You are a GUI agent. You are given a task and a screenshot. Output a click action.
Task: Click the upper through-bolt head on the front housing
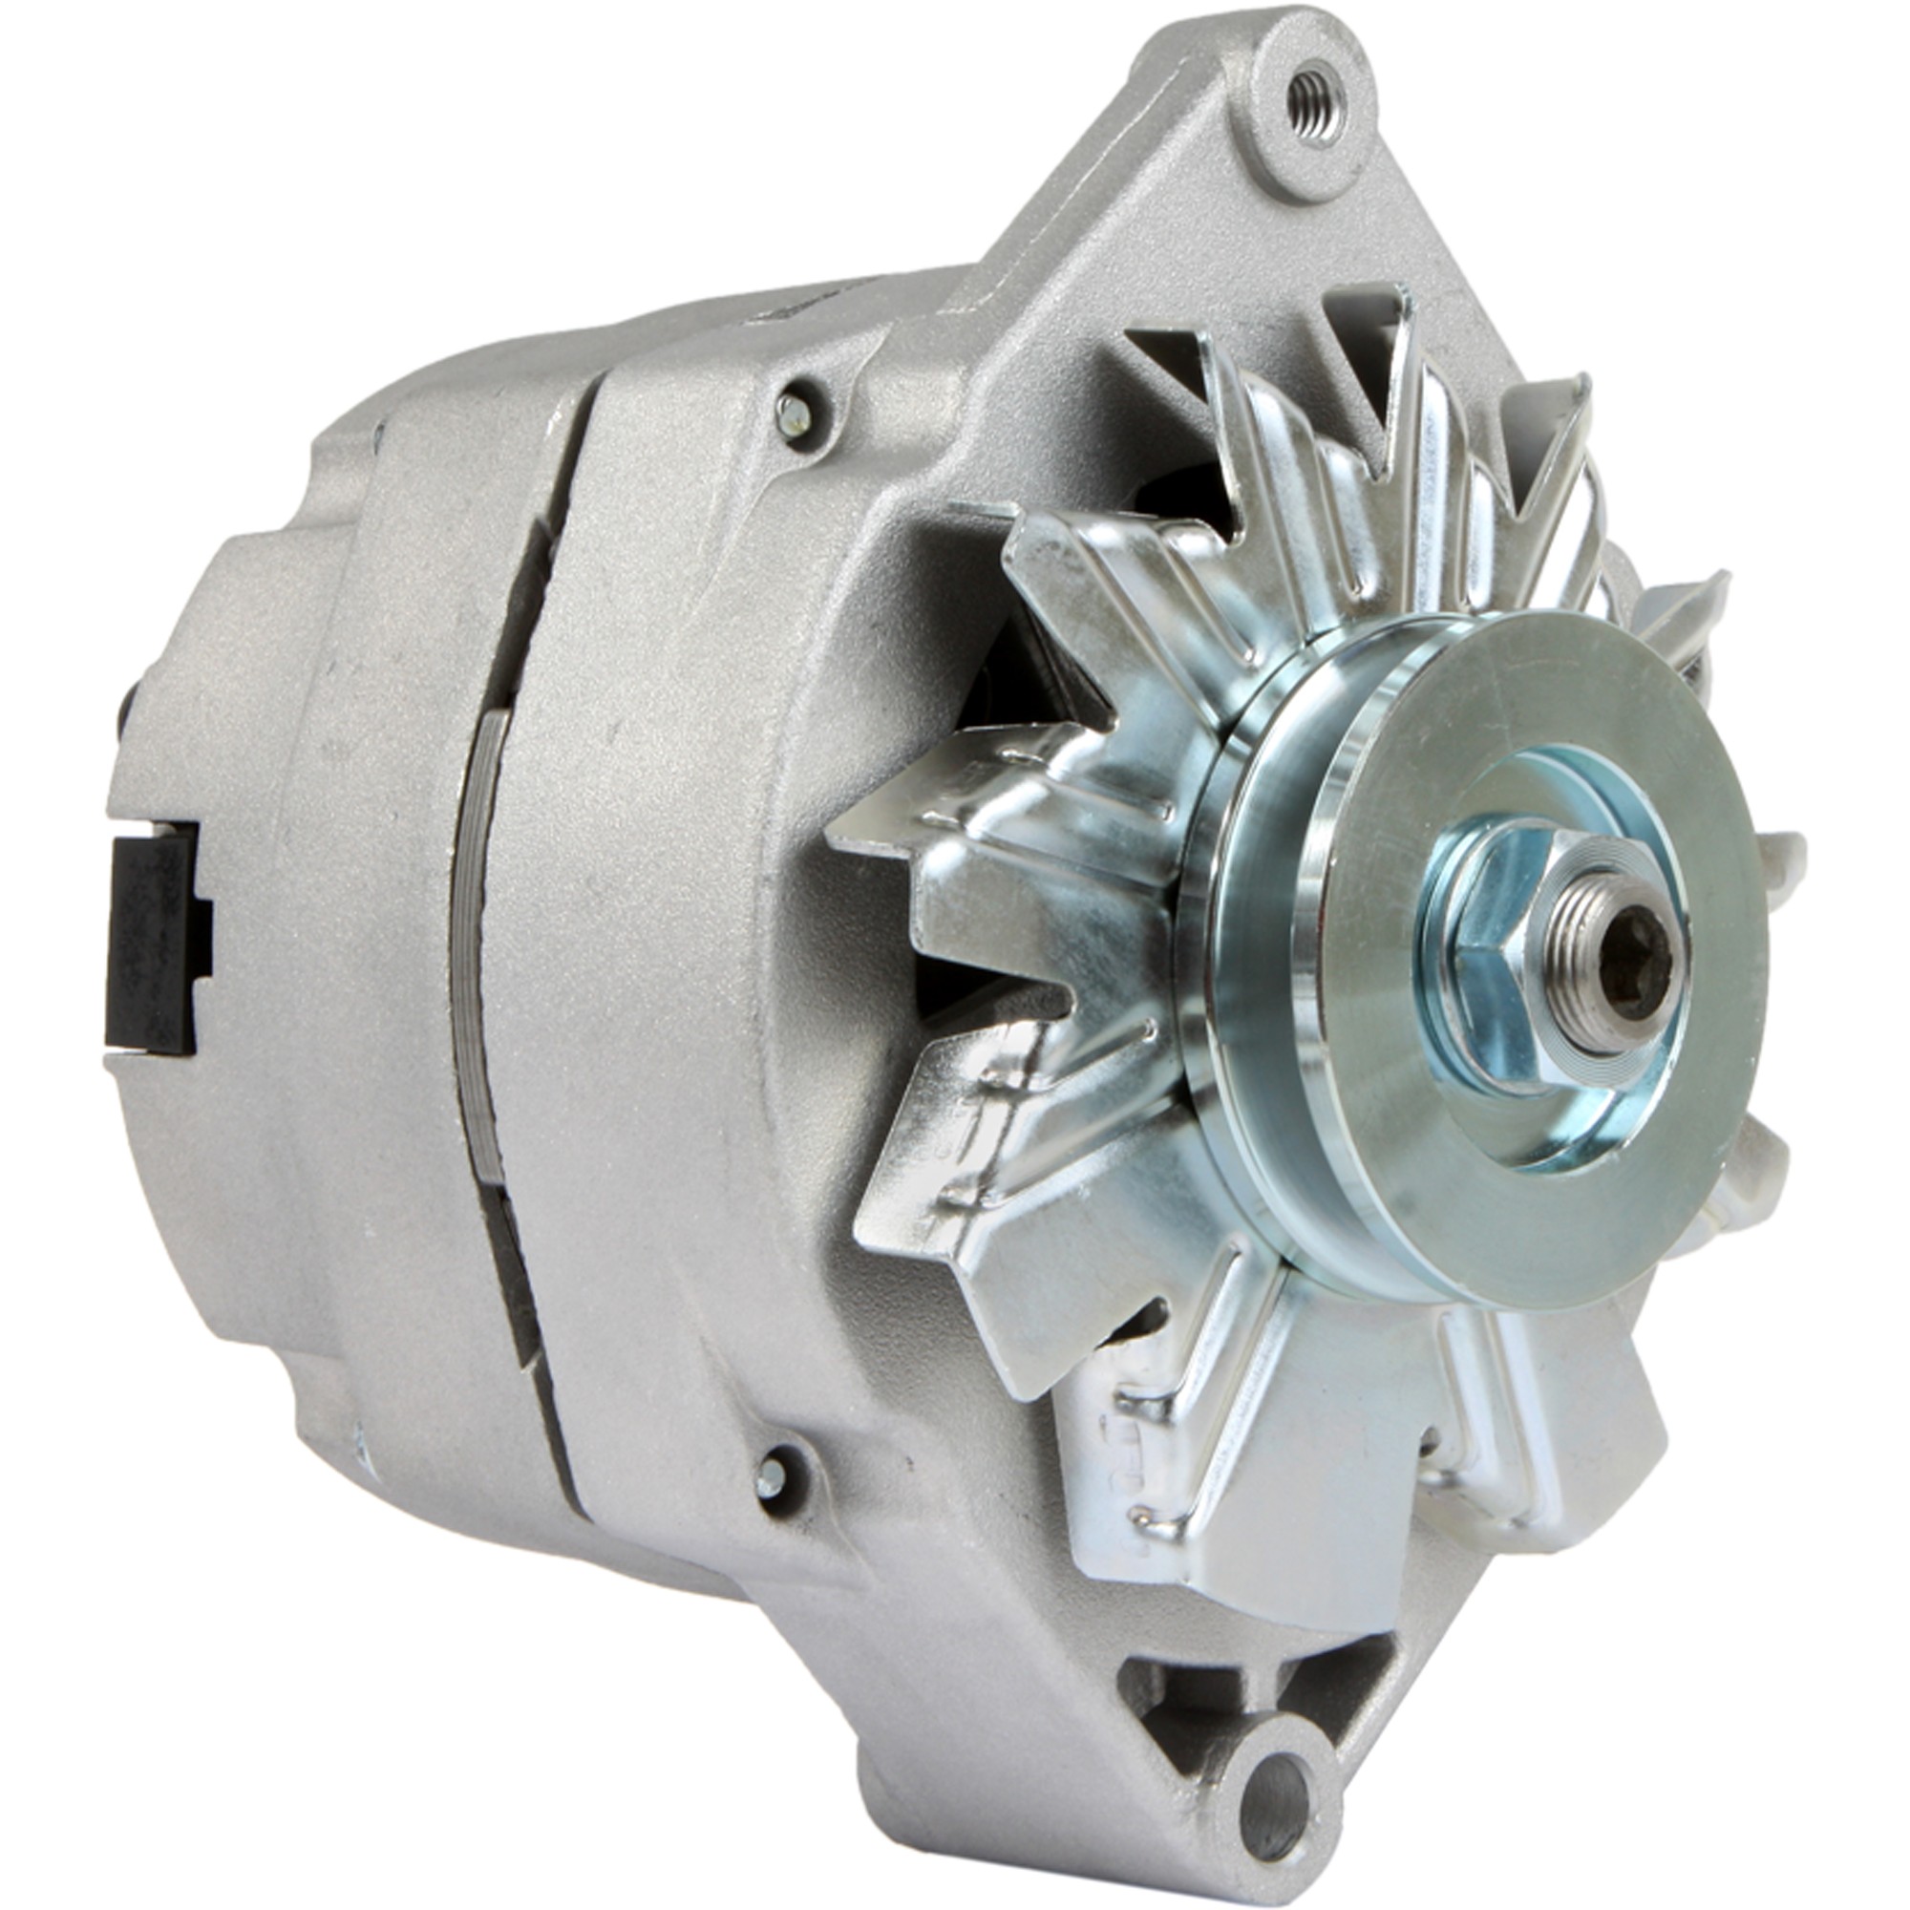792,415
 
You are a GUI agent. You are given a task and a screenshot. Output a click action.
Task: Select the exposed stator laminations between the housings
478,949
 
